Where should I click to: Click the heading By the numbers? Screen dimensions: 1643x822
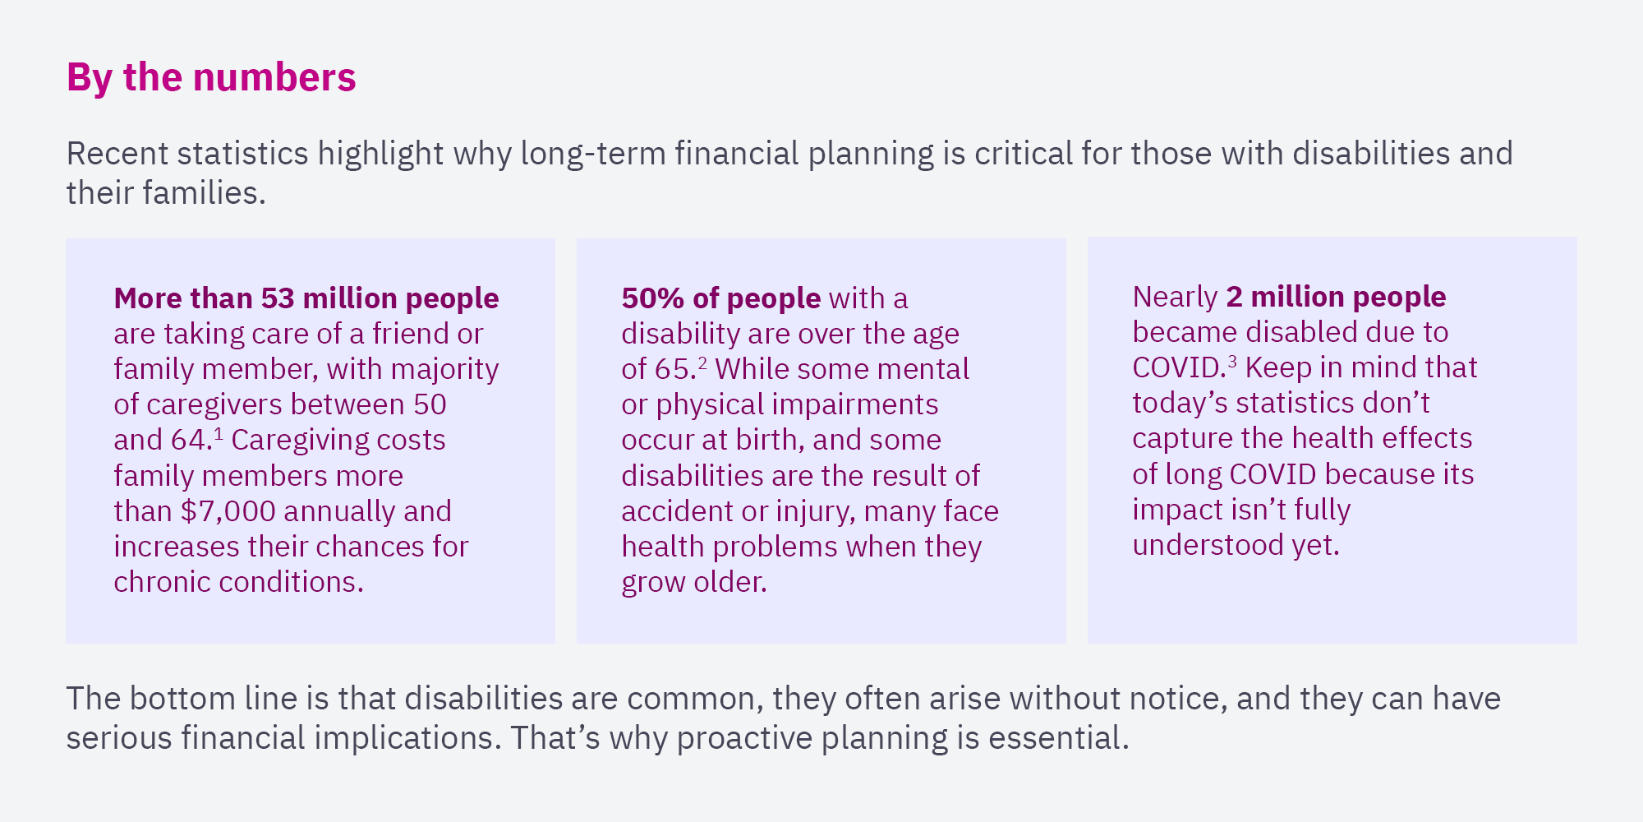click(x=211, y=77)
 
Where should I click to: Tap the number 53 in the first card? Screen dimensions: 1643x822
click(x=278, y=298)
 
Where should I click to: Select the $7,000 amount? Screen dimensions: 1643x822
click(x=228, y=511)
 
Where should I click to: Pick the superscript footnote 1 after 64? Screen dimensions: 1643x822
click(x=218, y=432)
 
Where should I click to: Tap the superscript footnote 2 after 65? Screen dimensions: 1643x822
click(x=702, y=362)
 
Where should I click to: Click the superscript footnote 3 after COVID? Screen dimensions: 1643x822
click(x=1231, y=360)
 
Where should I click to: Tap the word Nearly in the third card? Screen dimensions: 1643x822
click(x=1175, y=297)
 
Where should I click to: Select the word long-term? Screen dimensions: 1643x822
click(x=593, y=155)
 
